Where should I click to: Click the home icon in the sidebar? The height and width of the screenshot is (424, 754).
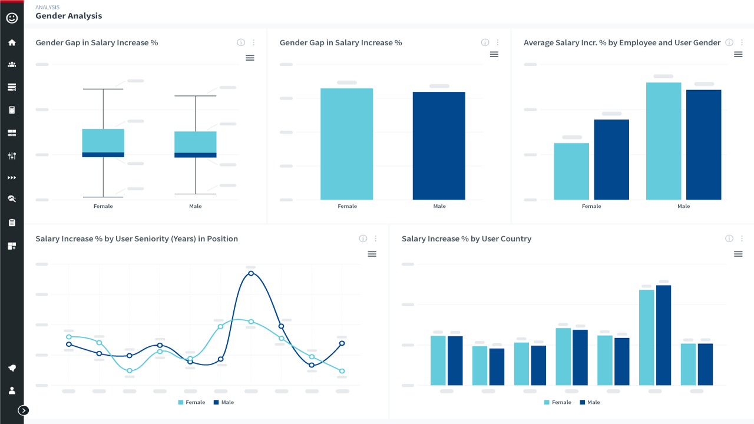click(x=12, y=42)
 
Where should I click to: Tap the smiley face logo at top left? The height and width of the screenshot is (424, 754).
click(x=12, y=18)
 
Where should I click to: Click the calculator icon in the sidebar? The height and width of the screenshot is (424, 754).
click(x=12, y=110)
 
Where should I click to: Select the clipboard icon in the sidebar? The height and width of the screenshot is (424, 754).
click(x=12, y=223)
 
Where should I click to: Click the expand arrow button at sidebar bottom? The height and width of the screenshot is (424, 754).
click(x=24, y=410)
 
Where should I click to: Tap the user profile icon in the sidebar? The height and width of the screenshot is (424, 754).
click(x=12, y=390)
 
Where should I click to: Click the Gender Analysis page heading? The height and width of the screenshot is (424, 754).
click(x=69, y=16)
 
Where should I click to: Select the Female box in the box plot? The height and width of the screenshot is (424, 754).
click(x=103, y=143)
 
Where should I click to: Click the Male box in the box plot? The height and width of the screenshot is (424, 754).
click(x=195, y=144)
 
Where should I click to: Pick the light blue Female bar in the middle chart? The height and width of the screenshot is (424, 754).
click(x=347, y=144)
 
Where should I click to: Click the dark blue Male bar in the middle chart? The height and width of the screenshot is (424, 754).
click(x=439, y=145)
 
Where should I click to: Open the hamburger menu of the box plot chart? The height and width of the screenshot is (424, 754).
click(x=250, y=58)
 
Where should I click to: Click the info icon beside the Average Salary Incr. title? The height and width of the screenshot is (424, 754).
click(x=729, y=42)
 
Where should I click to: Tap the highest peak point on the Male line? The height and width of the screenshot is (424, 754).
click(x=251, y=273)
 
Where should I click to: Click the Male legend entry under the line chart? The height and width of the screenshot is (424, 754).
click(x=224, y=402)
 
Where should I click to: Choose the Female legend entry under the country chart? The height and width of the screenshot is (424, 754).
click(x=557, y=402)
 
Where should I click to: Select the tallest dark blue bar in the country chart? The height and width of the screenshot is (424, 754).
click(x=663, y=335)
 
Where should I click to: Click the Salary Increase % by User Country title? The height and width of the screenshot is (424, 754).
click(x=467, y=238)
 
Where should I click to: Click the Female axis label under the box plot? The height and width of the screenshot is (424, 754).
click(x=103, y=206)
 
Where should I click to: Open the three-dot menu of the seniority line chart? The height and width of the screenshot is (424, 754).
click(x=376, y=238)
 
